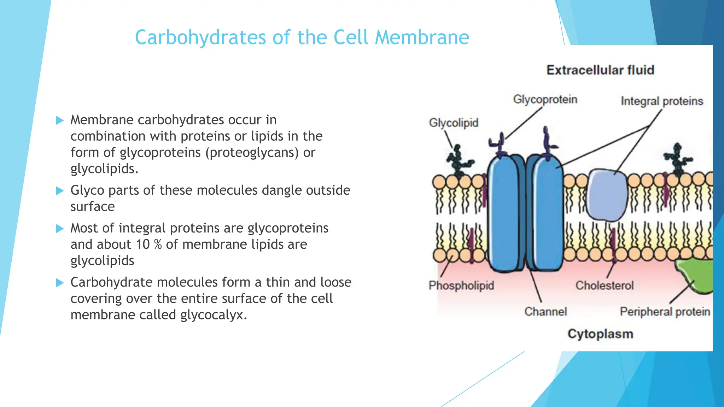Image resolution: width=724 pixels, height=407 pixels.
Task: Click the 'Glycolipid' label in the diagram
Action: (x=454, y=123)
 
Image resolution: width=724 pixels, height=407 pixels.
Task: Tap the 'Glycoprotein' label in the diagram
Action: (x=545, y=100)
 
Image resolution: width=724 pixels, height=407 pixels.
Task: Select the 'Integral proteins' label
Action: (x=662, y=101)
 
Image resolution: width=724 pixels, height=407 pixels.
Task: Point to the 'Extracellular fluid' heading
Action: (x=600, y=70)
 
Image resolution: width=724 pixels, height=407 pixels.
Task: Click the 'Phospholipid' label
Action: (x=461, y=285)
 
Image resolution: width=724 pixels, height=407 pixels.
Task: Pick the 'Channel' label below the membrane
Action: (x=545, y=312)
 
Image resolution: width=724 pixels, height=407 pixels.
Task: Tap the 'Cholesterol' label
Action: (x=605, y=285)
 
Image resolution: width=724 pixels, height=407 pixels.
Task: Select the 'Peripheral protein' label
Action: (x=665, y=312)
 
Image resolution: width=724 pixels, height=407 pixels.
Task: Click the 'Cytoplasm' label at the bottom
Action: (x=600, y=334)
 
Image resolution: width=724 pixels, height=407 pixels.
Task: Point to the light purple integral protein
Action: (x=607, y=194)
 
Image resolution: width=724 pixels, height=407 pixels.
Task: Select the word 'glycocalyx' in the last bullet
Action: (x=213, y=315)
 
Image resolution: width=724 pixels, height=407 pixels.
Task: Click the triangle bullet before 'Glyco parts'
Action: (x=60, y=191)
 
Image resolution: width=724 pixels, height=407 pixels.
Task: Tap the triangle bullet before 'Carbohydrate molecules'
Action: (x=60, y=283)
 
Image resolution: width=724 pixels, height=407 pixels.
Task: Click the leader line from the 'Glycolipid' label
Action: (x=449, y=139)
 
